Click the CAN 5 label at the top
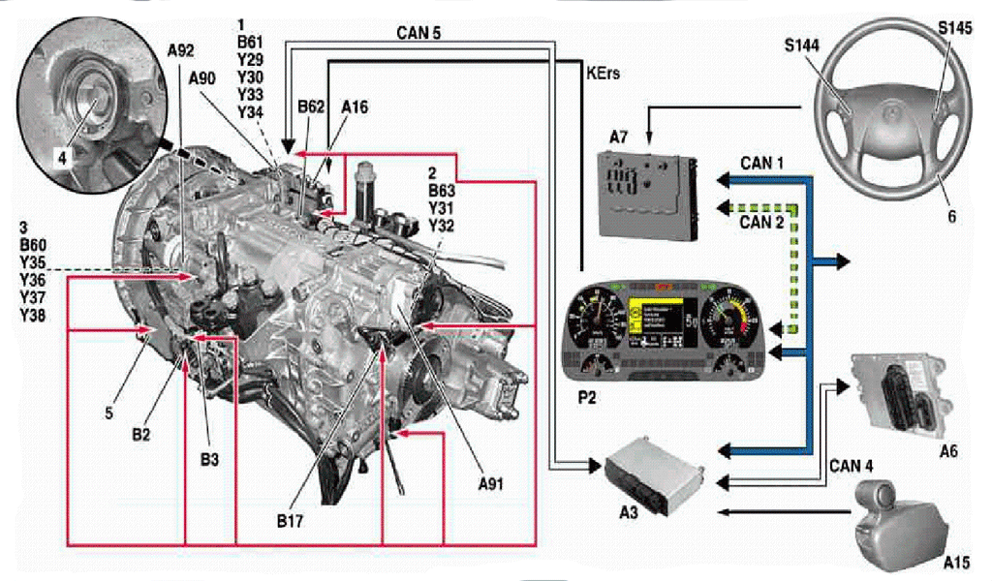[418, 32]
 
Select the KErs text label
[604, 73]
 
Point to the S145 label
[954, 29]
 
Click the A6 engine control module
[895, 391]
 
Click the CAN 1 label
[761, 164]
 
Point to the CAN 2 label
[761, 224]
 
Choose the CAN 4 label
[852, 466]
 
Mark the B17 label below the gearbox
[289, 521]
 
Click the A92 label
[181, 50]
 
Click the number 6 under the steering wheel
[952, 217]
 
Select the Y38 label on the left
[31, 317]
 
